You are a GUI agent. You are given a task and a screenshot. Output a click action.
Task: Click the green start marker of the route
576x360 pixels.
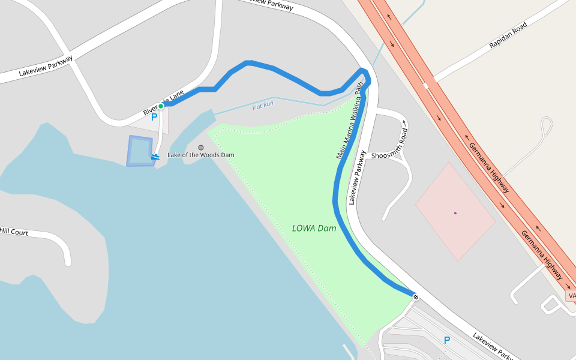pos(161,106)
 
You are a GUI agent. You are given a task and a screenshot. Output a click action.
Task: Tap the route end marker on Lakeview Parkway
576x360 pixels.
pos(415,296)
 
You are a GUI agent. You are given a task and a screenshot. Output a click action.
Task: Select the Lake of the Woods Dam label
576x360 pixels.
pos(200,155)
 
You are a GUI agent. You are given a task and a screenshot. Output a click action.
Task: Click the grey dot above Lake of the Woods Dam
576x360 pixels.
pos(201,147)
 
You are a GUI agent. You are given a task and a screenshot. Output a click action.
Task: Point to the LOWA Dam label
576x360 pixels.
pos(314,228)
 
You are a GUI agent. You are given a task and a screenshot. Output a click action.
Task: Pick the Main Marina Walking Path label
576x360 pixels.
pos(350,121)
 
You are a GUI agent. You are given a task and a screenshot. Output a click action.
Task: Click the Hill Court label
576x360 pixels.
pos(14,231)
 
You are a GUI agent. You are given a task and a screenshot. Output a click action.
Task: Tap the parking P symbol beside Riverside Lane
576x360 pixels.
pos(154,118)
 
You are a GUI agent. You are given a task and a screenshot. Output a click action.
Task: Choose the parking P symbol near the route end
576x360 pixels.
pos(446,340)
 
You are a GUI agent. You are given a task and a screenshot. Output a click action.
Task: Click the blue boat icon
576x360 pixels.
pos(155,157)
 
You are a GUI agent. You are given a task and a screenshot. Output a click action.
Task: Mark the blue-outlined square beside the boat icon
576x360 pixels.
pos(139,151)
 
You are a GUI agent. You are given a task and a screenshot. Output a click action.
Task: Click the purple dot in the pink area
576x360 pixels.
pos(455,213)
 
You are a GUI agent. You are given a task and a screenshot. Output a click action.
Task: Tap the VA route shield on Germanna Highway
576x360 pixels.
pos(571,296)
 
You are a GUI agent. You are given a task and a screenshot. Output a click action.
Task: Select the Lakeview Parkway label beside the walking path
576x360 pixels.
pos(357,178)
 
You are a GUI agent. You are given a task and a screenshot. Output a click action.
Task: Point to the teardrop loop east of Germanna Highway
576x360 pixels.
pos(546,125)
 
